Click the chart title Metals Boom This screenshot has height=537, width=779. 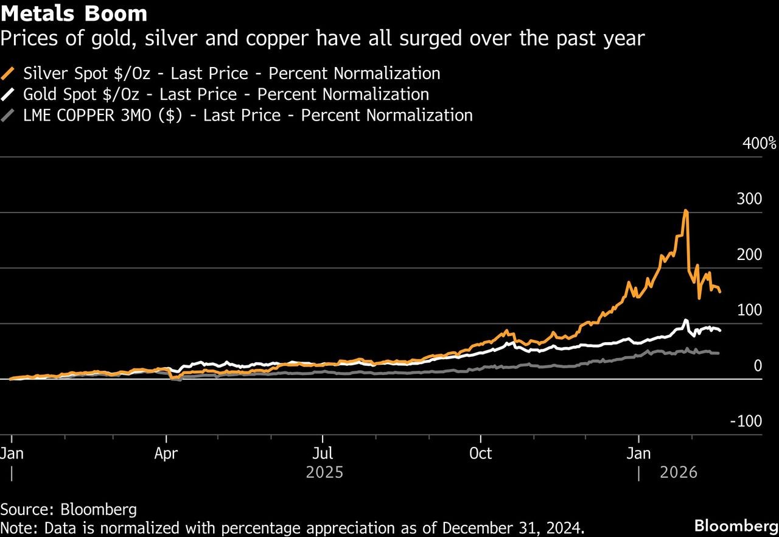tap(74, 13)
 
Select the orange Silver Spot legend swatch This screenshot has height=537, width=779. tap(9, 74)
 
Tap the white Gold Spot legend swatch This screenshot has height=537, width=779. tap(9, 95)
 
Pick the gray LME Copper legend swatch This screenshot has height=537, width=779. tap(9, 116)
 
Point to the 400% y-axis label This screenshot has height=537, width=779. tap(760, 144)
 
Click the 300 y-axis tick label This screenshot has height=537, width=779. tap(749, 199)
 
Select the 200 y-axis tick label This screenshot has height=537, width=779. tap(749, 254)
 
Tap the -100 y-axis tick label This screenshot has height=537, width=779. tap(746, 421)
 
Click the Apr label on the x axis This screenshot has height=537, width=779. tap(166, 454)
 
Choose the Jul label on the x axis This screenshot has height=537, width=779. tap(323, 454)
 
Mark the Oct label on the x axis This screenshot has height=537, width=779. tap(481, 454)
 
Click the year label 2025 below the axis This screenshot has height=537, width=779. tap(325, 472)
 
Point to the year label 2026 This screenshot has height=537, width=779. tap(678, 472)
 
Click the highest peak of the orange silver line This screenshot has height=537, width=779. tap(686, 211)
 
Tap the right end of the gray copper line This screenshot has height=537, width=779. tap(719, 353)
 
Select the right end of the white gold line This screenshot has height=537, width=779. tap(721, 331)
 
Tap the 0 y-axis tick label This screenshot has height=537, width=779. tap(757, 366)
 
